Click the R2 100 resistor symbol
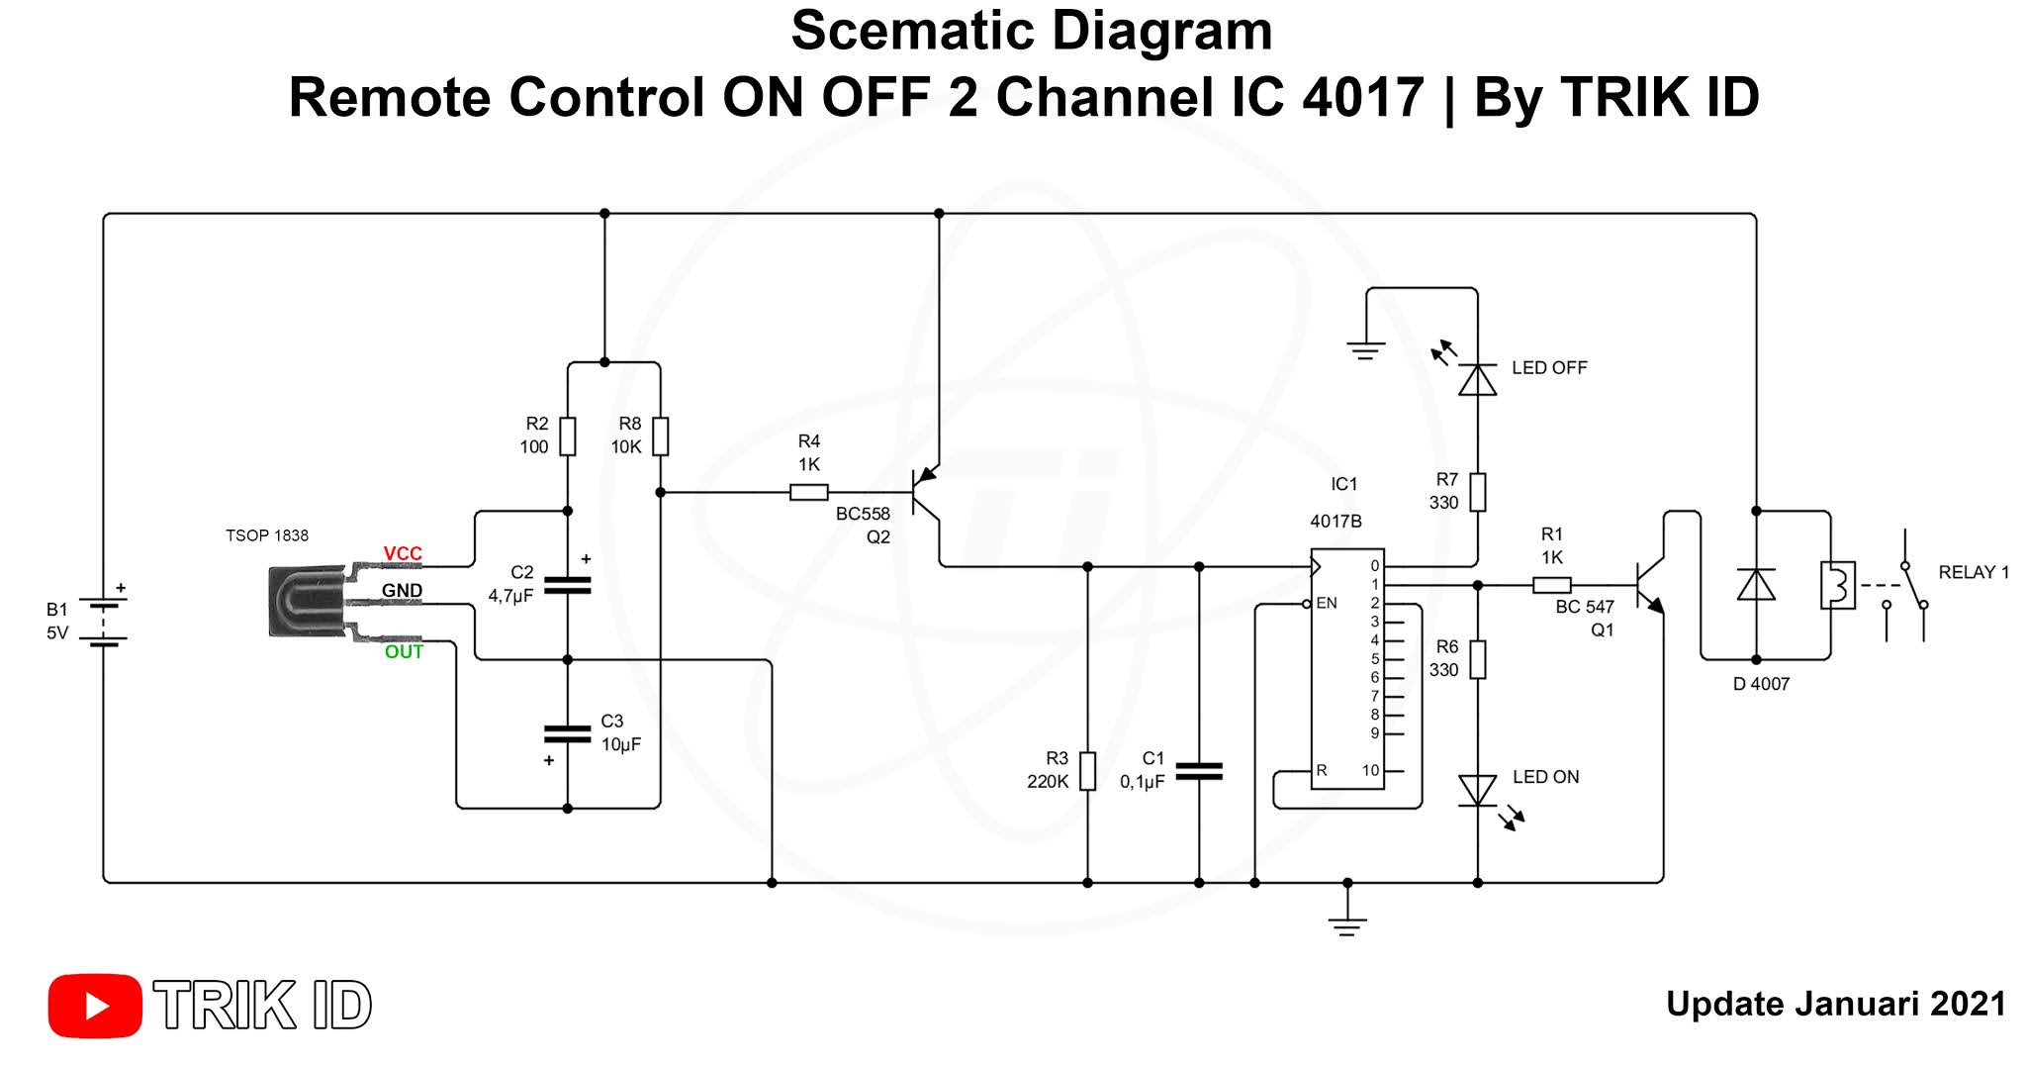[x=568, y=436]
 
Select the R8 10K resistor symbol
[x=660, y=436]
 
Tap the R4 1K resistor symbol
[x=809, y=492]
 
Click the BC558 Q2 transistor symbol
[x=927, y=492]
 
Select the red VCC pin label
[x=403, y=553]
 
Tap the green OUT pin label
[x=404, y=651]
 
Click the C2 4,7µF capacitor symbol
[x=568, y=585]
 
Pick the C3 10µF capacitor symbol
[x=568, y=733]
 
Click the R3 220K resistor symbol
[x=1087, y=771]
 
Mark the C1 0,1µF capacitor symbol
[x=1199, y=771]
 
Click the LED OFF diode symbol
[x=1477, y=379]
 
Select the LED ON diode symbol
[x=1477, y=791]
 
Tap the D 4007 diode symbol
[x=1756, y=585]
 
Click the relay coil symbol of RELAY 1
[x=1837, y=585]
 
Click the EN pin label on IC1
[x=1327, y=603]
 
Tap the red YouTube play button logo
[x=95, y=1006]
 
